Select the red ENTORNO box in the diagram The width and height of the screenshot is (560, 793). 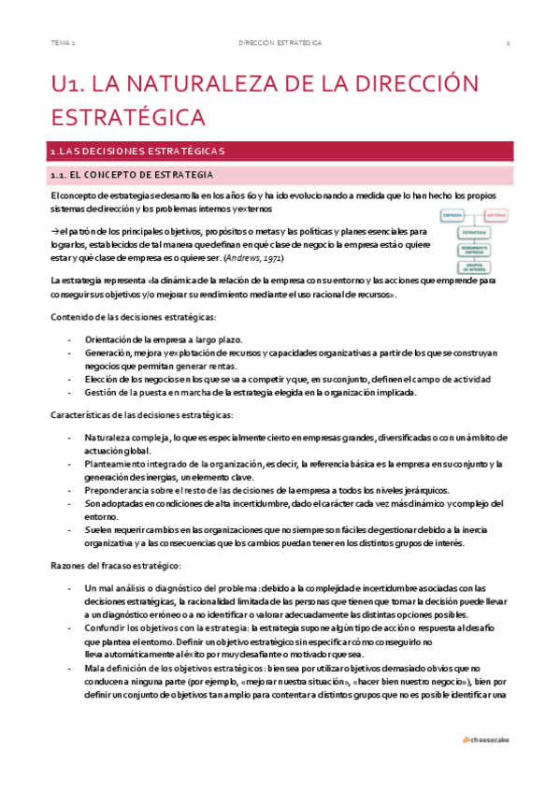(496, 215)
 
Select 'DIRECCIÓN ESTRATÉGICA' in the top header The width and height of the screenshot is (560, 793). (280, 43)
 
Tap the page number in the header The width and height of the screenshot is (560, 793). (507, 43)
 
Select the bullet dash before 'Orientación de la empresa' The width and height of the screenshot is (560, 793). (71, 339)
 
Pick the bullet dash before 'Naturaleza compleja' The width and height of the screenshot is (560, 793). (71, 437)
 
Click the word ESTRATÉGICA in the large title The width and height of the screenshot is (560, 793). (127, 118)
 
